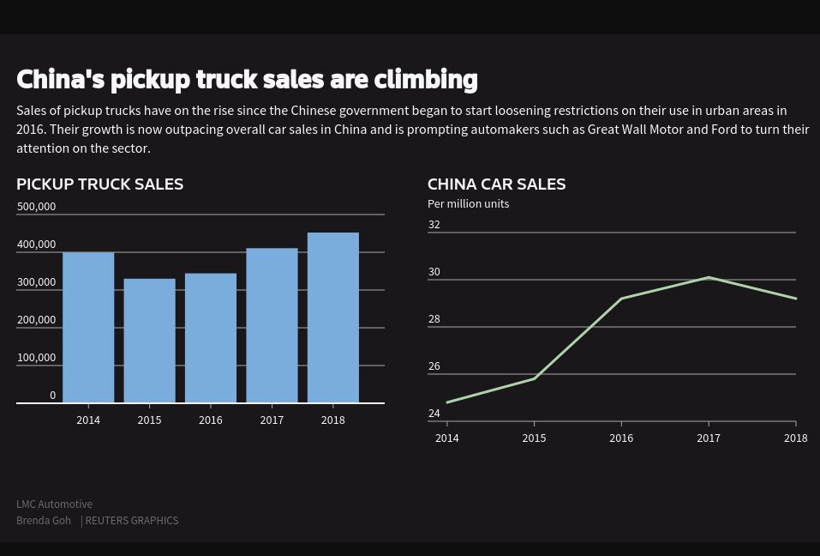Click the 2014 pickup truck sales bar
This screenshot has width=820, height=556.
pos(88,328)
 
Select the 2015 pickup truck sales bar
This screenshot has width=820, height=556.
pos(149,341)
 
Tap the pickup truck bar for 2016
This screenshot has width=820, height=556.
pos(211,338)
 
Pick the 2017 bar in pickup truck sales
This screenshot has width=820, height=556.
pos(272,325)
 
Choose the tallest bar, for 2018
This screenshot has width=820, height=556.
pos(333,317)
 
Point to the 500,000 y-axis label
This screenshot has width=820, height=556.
pos(36,207)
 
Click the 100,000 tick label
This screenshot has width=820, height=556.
pos(36,358)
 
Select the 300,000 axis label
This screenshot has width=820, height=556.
pos(36,282)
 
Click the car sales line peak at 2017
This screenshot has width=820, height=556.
pos(709,277)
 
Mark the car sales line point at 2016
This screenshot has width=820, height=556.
pos(621,299)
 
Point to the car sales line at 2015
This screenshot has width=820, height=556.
pos(534,378)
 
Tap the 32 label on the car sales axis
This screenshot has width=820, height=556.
pos(434,225)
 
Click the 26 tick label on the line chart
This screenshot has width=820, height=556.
pos(434,366)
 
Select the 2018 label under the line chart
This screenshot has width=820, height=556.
pos(795,438)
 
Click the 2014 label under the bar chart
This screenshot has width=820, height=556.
pos(88,420)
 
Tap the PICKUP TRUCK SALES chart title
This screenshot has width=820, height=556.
pos(99,184)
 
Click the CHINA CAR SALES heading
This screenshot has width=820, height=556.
pos(496,184)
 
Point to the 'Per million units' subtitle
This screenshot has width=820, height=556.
pos(468,204)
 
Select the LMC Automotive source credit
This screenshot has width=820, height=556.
pos(54,505)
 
